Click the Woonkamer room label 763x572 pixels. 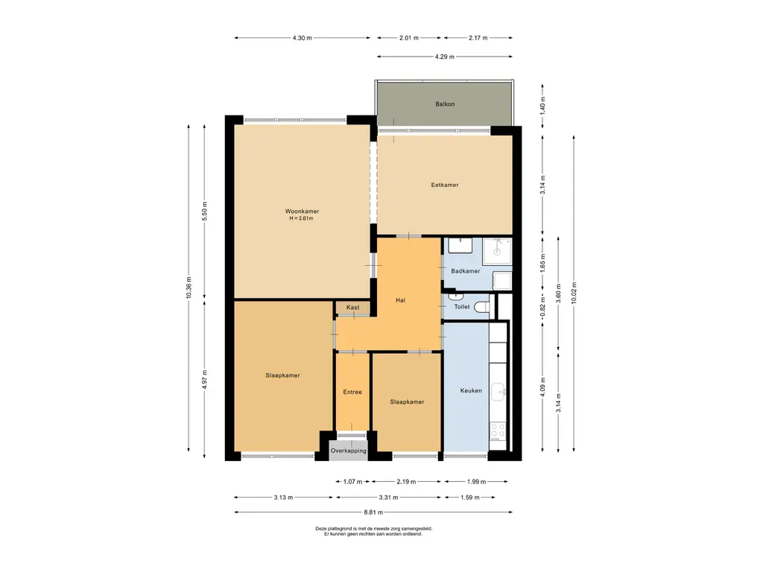[302, 211]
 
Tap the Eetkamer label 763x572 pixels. [445, 185]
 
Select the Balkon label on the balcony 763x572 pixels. [445, 104]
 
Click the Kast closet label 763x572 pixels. [352, 308]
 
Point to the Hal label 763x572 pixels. [400, 300]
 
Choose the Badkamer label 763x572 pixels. [465, 271]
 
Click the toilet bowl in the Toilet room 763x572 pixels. [481, 307]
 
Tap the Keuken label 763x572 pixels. [471, 390]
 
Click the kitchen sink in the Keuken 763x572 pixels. [498, 392]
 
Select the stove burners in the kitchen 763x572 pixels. [498, 430]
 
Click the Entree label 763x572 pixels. [352, 392]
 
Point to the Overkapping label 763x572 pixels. [349, 451]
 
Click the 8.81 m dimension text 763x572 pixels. [373, 512]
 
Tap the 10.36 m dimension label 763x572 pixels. [189, 287]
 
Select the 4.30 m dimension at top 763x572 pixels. [303, 38]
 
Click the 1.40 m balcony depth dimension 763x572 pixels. [543, 105]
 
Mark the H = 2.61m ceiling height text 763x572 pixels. [301, 218]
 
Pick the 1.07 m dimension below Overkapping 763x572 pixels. [352, 482]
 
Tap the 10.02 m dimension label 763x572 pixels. [574, 293]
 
